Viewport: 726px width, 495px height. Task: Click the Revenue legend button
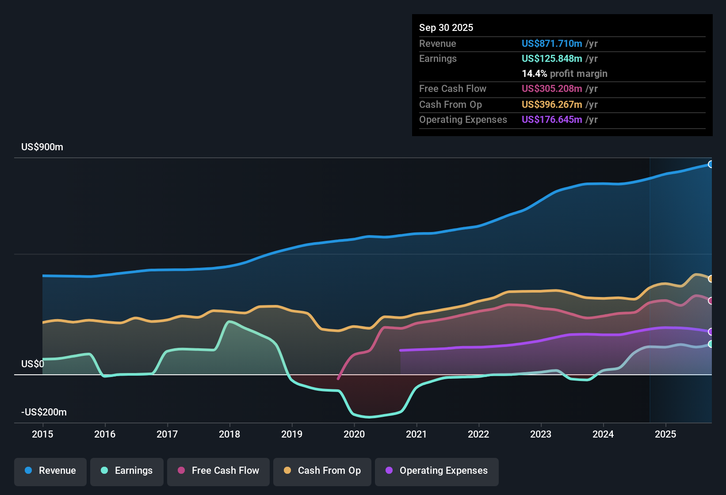point(50,471)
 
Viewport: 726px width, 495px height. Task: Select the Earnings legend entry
point(127,471)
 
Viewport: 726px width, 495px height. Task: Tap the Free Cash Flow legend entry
point(218,471)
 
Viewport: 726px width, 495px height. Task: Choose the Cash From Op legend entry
point(322,471)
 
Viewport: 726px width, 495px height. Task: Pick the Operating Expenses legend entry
point(437,471)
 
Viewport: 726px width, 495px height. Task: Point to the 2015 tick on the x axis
point(42,434)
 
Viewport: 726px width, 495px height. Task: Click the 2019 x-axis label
point(292,434)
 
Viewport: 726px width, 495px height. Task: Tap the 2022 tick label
point(478,434)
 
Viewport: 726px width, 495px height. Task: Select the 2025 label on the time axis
point(665,434)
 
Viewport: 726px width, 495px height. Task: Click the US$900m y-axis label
point(42,147)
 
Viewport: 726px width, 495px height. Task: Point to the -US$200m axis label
point(44,412)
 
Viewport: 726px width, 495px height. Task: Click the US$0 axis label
point(33,364)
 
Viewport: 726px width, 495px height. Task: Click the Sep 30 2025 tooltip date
point(446,27)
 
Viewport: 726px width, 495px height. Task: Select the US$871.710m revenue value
point(552,43)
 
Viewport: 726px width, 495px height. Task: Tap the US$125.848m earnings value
point(552,58)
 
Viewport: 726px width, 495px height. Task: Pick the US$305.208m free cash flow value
point(552,88)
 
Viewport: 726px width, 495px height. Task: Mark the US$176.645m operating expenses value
point(552,119)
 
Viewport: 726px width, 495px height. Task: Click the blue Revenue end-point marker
point(711,164)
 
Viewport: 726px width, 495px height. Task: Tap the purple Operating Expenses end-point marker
point(711,331)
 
